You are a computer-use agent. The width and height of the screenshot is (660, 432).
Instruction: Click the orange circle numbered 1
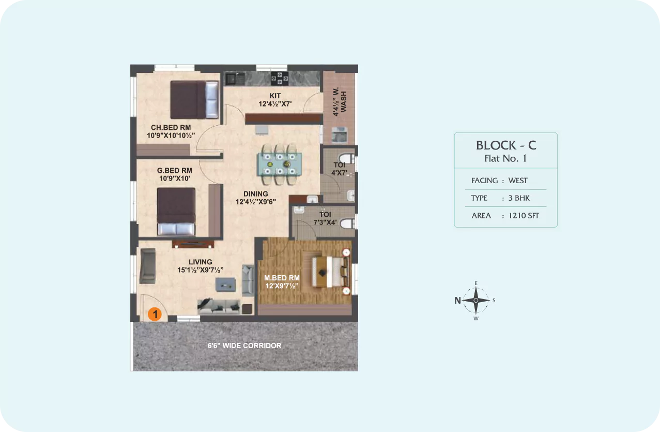click(155, 314)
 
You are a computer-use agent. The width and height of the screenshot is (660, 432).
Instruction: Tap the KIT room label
click(275, 96)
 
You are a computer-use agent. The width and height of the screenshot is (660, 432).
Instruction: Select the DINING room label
click(256, 193)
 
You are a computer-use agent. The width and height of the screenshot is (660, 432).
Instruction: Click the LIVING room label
click(201, 262)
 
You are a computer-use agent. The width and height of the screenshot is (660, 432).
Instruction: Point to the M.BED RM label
click(282, 278)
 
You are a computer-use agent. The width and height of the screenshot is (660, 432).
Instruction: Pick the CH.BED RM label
click(171, 127)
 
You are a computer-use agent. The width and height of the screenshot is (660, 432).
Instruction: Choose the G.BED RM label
click(175, 170)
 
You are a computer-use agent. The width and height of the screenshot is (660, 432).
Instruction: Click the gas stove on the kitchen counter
click(280, 78)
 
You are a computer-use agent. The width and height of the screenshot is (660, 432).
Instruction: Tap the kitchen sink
click(235, 79)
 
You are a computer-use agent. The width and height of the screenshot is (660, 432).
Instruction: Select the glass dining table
click(280, 164)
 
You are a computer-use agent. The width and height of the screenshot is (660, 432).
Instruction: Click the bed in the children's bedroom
click(194, 100)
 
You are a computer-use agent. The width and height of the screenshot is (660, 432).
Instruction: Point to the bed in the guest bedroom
click(176, 212)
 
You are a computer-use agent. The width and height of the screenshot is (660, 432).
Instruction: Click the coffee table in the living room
click(225, 285)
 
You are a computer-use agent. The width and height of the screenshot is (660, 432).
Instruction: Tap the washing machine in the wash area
click(340, 135)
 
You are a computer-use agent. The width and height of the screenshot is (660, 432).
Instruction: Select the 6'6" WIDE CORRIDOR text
click(244, 346)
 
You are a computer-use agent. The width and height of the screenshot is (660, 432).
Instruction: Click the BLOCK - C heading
click(506, 145)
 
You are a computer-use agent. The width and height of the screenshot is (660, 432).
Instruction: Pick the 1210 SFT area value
click(524, 216)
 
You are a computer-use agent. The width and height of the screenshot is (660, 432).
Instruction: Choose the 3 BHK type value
click(519, 198)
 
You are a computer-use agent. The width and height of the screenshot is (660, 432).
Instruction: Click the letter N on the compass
click(457, 301)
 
